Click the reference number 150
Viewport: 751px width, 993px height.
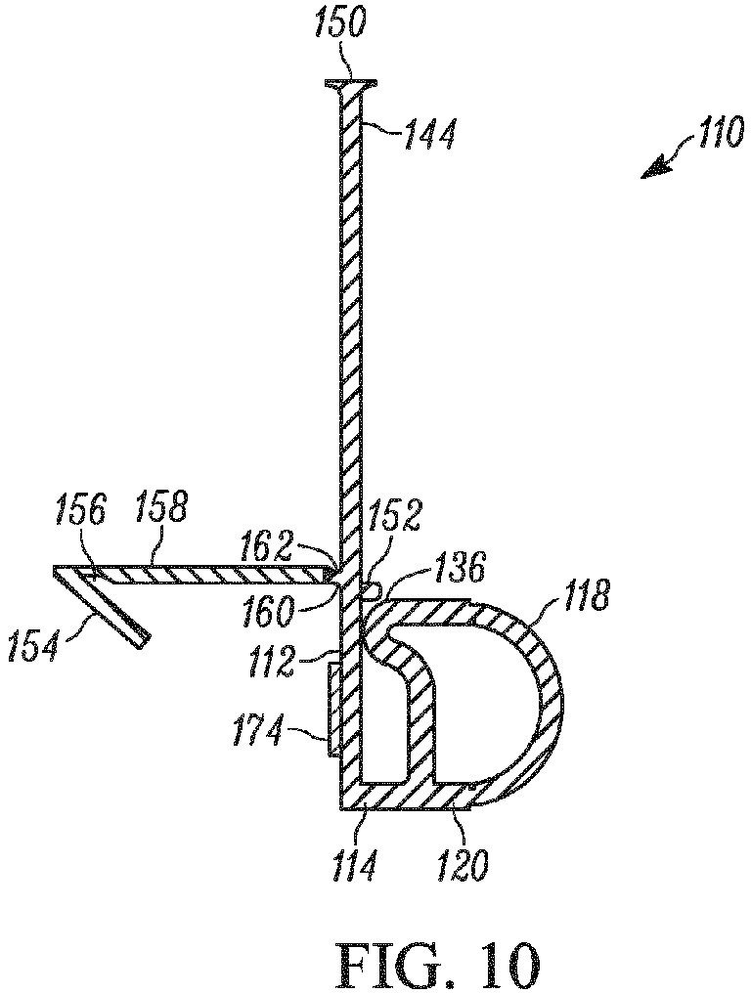338,25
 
